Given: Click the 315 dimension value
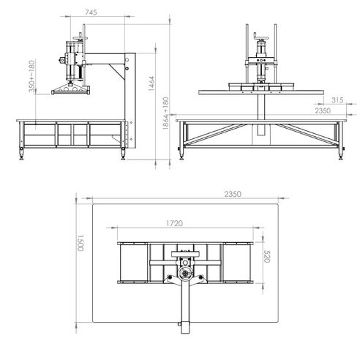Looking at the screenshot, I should click(x=317, y=100).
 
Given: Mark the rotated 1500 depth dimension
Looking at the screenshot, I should click(x=80, y=243).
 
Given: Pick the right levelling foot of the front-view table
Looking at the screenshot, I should click(x=340, y=156).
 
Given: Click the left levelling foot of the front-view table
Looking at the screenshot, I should click(x=182, y=154).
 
